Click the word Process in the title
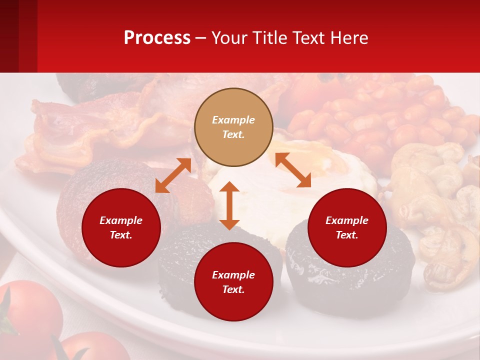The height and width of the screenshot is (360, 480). (157, 38)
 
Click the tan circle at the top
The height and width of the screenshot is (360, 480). (233, 127)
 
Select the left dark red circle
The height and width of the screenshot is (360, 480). (121, 227)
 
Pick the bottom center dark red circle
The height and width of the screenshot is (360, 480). (233, 282)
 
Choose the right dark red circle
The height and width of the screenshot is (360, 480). (346, 227)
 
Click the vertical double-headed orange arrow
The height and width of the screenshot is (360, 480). (229, 205)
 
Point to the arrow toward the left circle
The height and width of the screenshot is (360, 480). (173, 175)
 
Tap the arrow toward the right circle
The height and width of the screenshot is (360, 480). (293, 170)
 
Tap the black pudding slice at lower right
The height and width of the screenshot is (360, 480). (350, 280)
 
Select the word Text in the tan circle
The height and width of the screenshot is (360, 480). (233, 134)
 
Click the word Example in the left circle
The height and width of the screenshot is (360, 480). (121, 220)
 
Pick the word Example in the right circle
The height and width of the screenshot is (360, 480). (346, 220)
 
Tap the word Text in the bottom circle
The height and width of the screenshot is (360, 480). (233, 289)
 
